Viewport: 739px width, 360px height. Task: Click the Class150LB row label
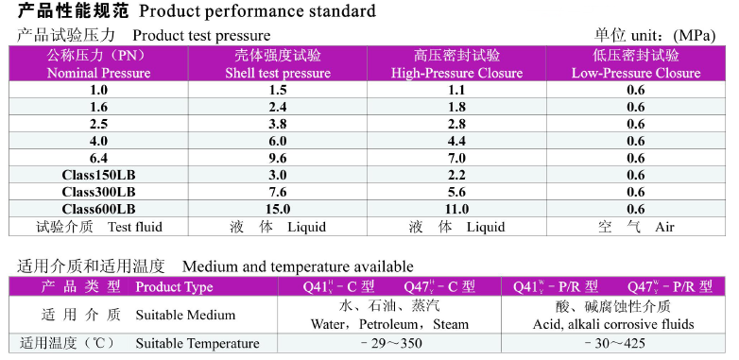[98, 176]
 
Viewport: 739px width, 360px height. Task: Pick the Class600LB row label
[98, 209]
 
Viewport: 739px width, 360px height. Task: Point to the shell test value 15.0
[278, 209]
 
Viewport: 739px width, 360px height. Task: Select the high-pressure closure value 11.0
[456, 209]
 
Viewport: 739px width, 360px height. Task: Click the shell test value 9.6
[278, 159]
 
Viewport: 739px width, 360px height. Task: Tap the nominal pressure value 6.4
[98, 159]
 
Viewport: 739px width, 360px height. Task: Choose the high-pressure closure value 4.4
[456, 142]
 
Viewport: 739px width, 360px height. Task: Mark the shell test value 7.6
[278, 192]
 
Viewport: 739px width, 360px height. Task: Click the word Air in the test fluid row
[664, 227]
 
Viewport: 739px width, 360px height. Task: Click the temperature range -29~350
[390, 344]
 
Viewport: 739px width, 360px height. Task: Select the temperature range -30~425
[613, 344]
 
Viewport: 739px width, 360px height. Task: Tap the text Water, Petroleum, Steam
[389, 325]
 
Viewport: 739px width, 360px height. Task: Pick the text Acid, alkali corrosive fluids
[613, 325]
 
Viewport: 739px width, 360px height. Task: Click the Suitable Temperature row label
[198, 344]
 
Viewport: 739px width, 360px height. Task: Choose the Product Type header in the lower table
[174, 287]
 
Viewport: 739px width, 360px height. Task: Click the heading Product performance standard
[257, 11]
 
